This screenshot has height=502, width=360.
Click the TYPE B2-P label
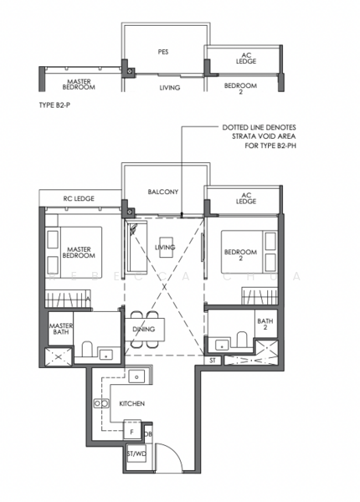click(x=54, y=105)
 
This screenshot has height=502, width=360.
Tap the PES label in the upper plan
click(x=163, y=52)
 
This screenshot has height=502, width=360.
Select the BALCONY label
click(x=162, y=192)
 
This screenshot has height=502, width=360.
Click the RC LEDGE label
click(x=79, y=198)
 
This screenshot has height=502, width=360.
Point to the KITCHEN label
click(x=132, y=404)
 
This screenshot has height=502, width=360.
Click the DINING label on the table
click(x=144, y=329)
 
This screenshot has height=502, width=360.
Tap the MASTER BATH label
click(x=61, y=329)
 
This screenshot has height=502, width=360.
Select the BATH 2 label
click(x=265, y=324)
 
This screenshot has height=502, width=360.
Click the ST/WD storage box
click(x=136, y=453)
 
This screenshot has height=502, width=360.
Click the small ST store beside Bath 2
click(x=213, y=361)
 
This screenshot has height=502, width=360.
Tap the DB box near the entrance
click(x=148, y=434)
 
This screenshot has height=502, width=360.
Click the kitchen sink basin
click(x=136, y=376)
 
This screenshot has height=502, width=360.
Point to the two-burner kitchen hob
click(x=101, y=403)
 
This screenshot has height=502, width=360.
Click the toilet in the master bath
click(x=87, y=349)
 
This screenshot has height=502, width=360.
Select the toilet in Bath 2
click(x=241, y=340)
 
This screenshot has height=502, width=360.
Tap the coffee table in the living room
click(x=167, y=247)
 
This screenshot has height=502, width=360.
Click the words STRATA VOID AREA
click(x=264, y=136)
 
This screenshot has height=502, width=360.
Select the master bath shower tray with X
click(x=59, y=356)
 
